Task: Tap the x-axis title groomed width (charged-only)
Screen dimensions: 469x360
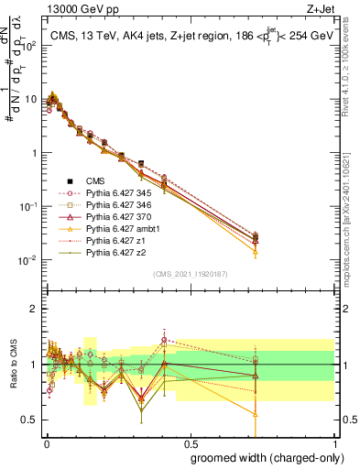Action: point(262,456)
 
